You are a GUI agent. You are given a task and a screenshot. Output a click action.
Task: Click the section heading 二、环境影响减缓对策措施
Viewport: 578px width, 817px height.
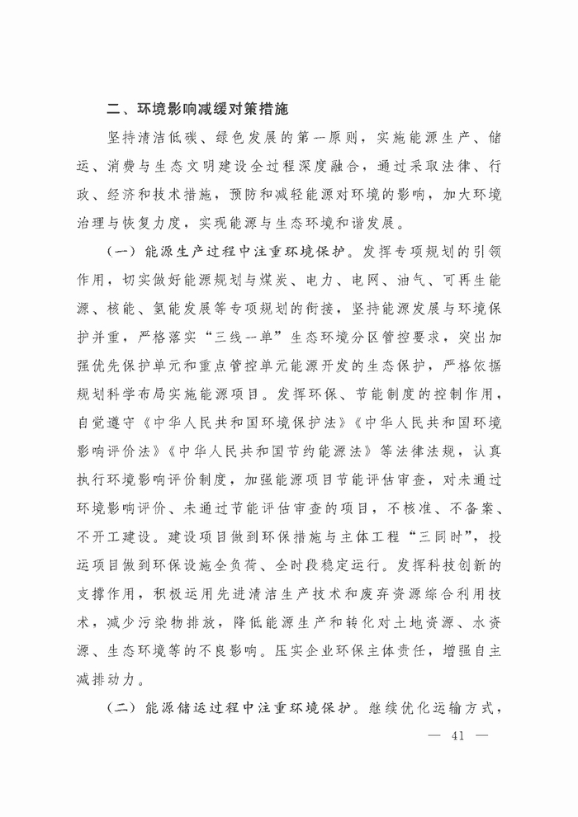click(x=197, y=108)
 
